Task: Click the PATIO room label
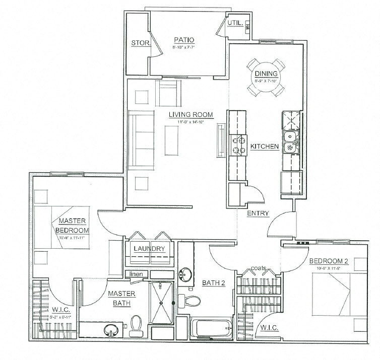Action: (184, 40)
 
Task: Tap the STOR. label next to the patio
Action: (141, 43)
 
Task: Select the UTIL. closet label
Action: (235, 23)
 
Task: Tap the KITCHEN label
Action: (265, 147)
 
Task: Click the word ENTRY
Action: (258, 213)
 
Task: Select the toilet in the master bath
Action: (136, 324)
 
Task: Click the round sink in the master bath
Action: (109, 330)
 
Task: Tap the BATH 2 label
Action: (213, 283)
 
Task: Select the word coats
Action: (260, 267)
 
